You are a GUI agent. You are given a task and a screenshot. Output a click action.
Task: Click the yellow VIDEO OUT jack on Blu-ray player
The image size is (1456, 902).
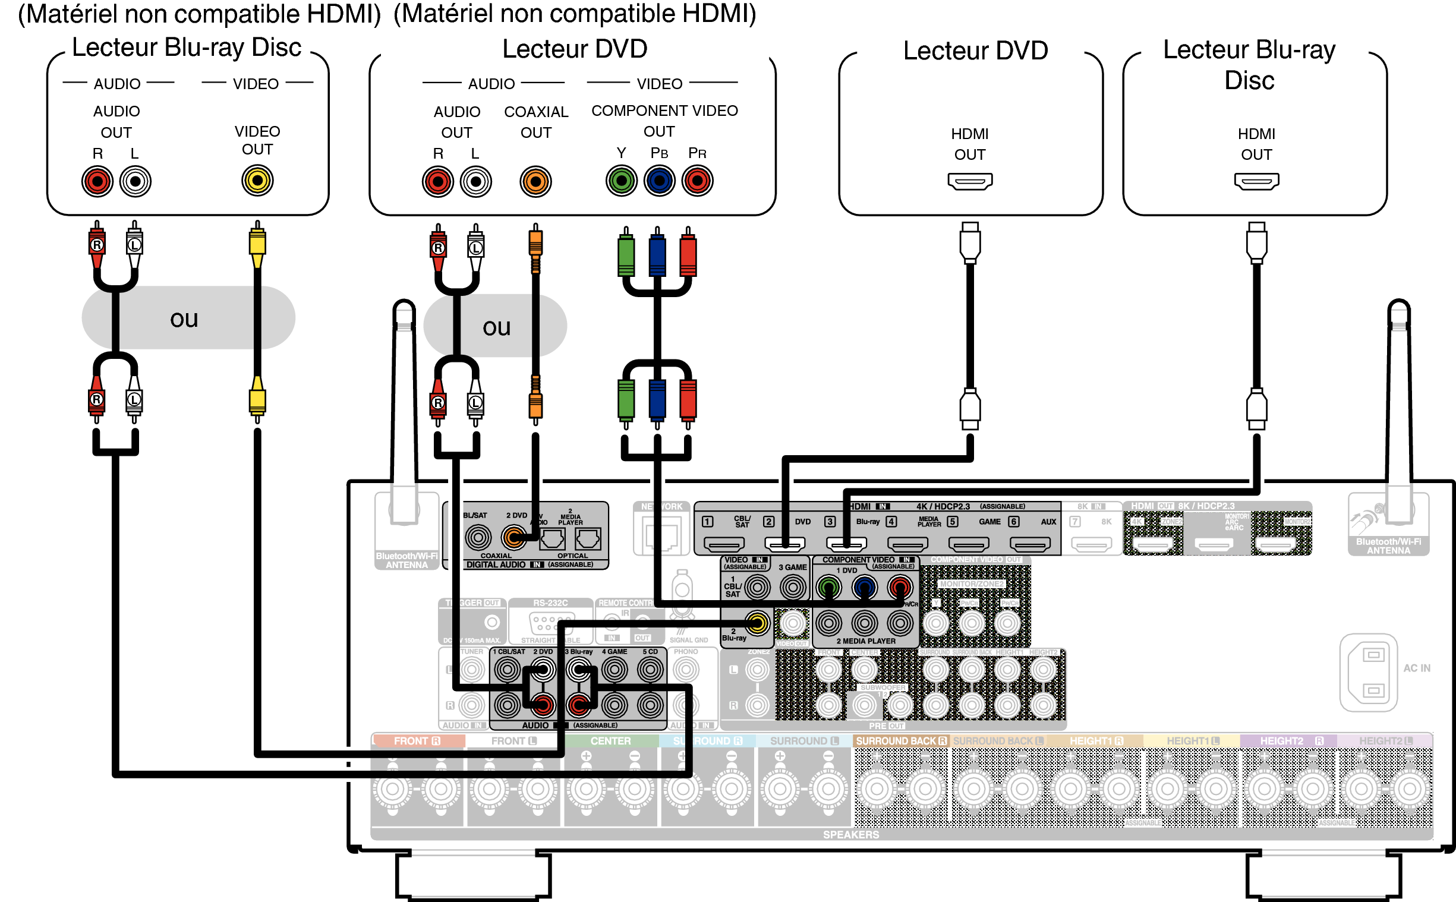point(257,181)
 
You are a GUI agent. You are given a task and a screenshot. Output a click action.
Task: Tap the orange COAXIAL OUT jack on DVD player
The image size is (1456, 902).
point(535,181)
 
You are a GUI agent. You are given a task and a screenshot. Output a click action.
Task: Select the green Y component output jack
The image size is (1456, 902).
point(621,181)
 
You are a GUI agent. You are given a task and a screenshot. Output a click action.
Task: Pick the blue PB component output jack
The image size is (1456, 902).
point(659,181)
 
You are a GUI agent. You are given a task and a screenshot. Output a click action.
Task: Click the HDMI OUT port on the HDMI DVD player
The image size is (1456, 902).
point(969,181)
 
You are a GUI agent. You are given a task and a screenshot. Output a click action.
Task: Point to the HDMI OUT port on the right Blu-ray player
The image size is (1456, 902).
point(1256,181)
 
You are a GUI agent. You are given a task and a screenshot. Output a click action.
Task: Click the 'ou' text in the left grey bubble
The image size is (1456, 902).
point(184,319)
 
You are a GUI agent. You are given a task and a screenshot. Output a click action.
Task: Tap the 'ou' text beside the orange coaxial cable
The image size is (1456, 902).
point(496,327)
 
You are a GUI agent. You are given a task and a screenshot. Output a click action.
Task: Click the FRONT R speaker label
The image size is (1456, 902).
point(417,741)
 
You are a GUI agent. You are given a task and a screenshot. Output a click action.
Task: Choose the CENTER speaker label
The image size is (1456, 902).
point(610,741)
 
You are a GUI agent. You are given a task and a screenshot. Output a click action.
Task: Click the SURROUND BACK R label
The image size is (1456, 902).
point(901,741)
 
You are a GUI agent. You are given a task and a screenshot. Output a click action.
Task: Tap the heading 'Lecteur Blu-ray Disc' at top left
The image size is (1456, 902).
point(186,48)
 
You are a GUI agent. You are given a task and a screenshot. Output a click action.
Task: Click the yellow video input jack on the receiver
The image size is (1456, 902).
point(757,623)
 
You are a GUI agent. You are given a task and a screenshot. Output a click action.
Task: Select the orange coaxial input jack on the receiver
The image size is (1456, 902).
point(513,538)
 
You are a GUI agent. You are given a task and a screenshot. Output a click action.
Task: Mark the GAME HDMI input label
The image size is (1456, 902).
point(989,521)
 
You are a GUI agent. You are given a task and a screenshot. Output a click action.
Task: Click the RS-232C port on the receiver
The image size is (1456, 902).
point(551,623)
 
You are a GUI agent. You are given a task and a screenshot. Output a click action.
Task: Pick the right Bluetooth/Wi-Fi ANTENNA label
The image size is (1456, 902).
point(1388,546)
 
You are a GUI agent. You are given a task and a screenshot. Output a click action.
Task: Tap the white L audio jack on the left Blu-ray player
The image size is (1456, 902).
point(135,181)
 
